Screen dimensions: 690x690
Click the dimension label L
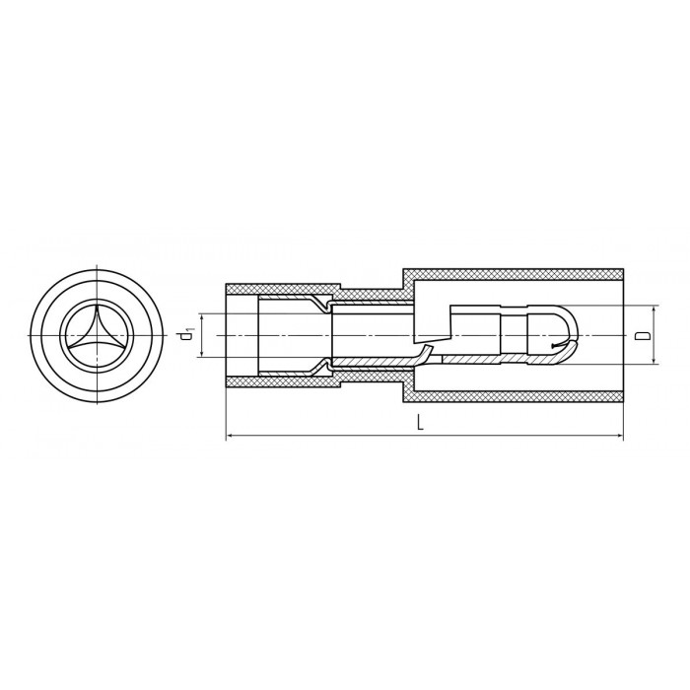click(421, 423)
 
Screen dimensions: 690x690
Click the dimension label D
click(643, 335)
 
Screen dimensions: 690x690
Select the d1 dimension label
click(187, 335)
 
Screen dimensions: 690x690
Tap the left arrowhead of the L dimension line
click(229, 436)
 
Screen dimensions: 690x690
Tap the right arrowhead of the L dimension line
click(621, 436)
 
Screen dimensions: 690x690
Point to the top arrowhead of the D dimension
click(655, 310)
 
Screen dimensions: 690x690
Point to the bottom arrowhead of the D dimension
click(655, 361)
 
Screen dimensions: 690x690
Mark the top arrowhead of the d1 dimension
click(202, 316)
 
